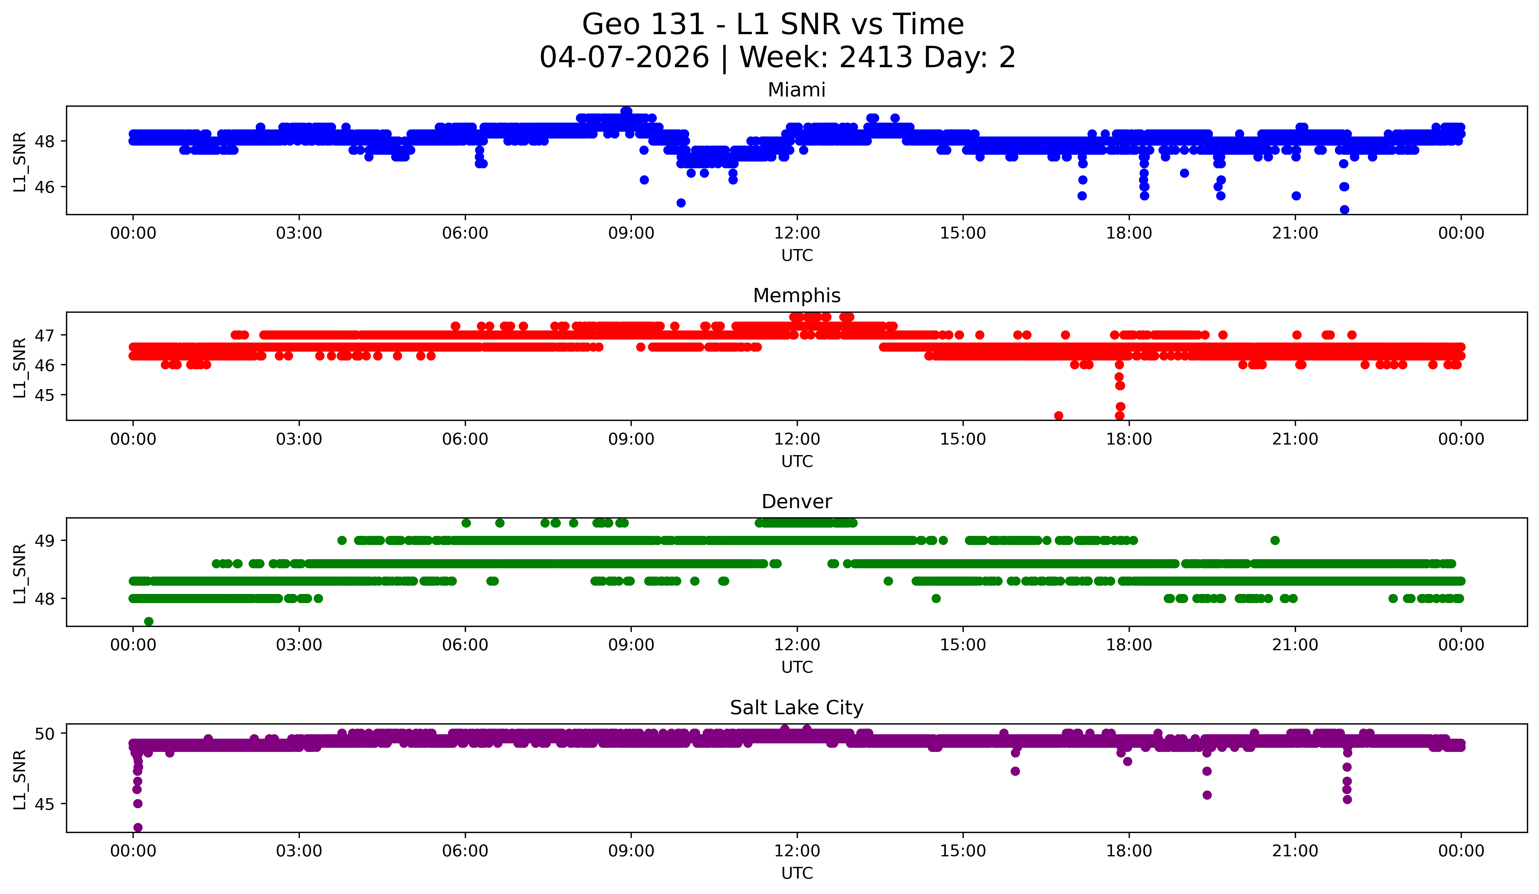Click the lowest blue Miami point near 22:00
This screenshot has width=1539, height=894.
pos(1344,210)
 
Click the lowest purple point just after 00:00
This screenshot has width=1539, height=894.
pos(138,827)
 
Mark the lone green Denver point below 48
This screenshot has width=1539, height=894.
pos(148,621)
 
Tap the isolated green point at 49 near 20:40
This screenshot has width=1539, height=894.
pos(1274,540)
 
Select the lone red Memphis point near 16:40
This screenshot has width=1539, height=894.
pos(1058,416)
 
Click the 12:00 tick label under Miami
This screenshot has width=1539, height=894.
pos(796,233)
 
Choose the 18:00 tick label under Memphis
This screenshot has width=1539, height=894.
pos(1129,439)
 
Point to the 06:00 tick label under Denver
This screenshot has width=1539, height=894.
pos(465,645)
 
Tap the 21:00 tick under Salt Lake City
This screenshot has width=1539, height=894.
pos(1295,851)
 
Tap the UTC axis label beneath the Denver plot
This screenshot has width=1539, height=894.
pos(796,667)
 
